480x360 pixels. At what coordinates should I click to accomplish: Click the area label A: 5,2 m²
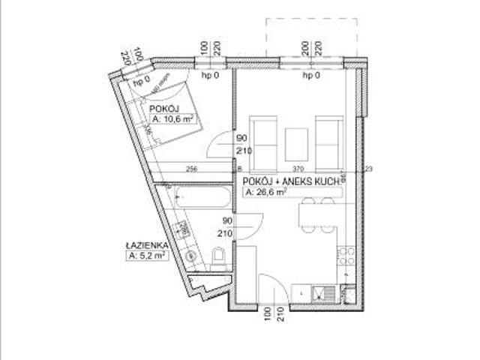[147, 255]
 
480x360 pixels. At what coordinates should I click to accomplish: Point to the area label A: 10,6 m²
[173, 119]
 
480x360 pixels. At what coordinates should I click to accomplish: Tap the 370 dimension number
[298, 169]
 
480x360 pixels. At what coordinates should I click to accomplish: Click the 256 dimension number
[191, 169]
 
